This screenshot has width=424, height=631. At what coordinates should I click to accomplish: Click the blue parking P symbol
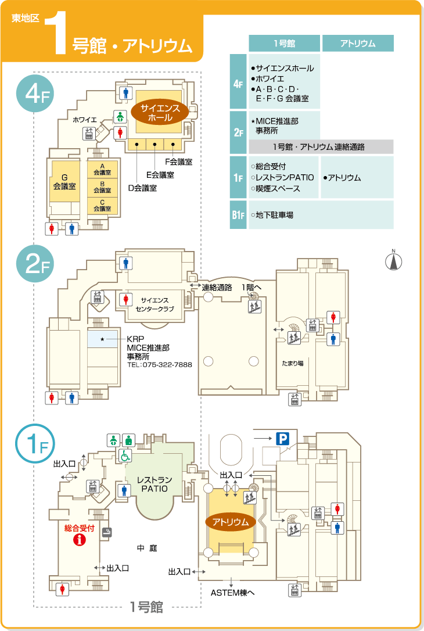[x=282, y=438]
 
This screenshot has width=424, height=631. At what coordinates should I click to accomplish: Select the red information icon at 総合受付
[x=80, y=539]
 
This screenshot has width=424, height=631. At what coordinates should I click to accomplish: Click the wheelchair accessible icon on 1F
[x=125, y=456]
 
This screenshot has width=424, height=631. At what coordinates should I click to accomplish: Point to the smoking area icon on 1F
[x=107, y=532]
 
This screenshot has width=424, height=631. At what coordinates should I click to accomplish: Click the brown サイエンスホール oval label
[x=160, y=113]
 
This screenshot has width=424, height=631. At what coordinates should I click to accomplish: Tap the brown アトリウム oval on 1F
[x=231, y=522]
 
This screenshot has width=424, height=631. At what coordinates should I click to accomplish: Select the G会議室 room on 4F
[x=64, y=181]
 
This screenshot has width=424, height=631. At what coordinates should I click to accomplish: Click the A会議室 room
[x=103, y=170]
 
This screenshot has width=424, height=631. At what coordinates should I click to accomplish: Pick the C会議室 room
[x=103, y=206]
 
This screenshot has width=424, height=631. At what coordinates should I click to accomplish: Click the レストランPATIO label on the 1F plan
[x=154, y=484]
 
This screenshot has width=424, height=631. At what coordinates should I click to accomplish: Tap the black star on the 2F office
[x=102, y=339]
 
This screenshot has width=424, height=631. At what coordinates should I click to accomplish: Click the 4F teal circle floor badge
[x=35, y=94]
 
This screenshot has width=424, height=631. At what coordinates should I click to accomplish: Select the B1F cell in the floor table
[x=238, y=215]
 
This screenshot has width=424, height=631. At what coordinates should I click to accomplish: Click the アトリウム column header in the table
[x=358, y=43]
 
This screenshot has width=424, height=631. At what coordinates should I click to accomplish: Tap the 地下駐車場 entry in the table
[x=272, y=215]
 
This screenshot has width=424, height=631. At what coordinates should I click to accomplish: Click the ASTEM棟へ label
[x=232, y=593]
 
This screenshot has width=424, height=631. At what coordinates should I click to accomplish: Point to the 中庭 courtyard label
[x=147, y=548]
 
